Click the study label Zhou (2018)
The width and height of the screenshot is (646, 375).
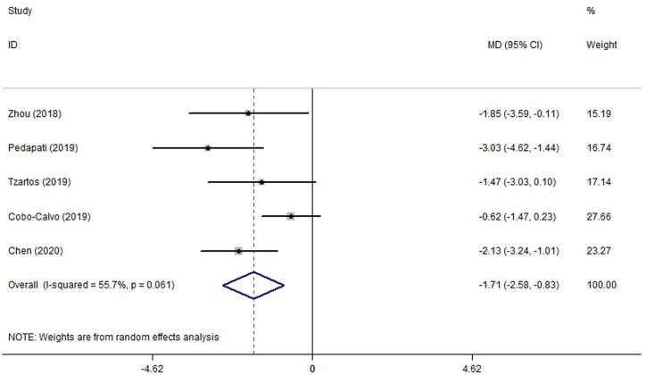click(x=36, y=113)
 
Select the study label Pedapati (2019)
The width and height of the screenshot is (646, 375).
click(x=43, y=147)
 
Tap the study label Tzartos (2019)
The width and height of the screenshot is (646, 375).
click(x=40, y=182)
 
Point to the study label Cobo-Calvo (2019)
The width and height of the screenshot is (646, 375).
click(x=49, y=216)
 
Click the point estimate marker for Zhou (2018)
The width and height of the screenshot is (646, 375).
click(x=248, y=113)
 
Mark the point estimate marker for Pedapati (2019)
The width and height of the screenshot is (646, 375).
click(x=207, y=147)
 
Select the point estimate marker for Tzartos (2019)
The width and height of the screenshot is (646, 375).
click(x=261, y=182)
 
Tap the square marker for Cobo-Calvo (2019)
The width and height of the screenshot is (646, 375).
click(x=291, y=216)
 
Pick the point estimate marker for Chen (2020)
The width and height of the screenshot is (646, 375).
click(x=238, y=251)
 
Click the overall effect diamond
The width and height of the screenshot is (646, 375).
click(x=253, y=285)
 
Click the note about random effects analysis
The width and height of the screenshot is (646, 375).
click(x=113, y=337)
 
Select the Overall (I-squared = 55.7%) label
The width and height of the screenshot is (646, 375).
click(x=91, y=285)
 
